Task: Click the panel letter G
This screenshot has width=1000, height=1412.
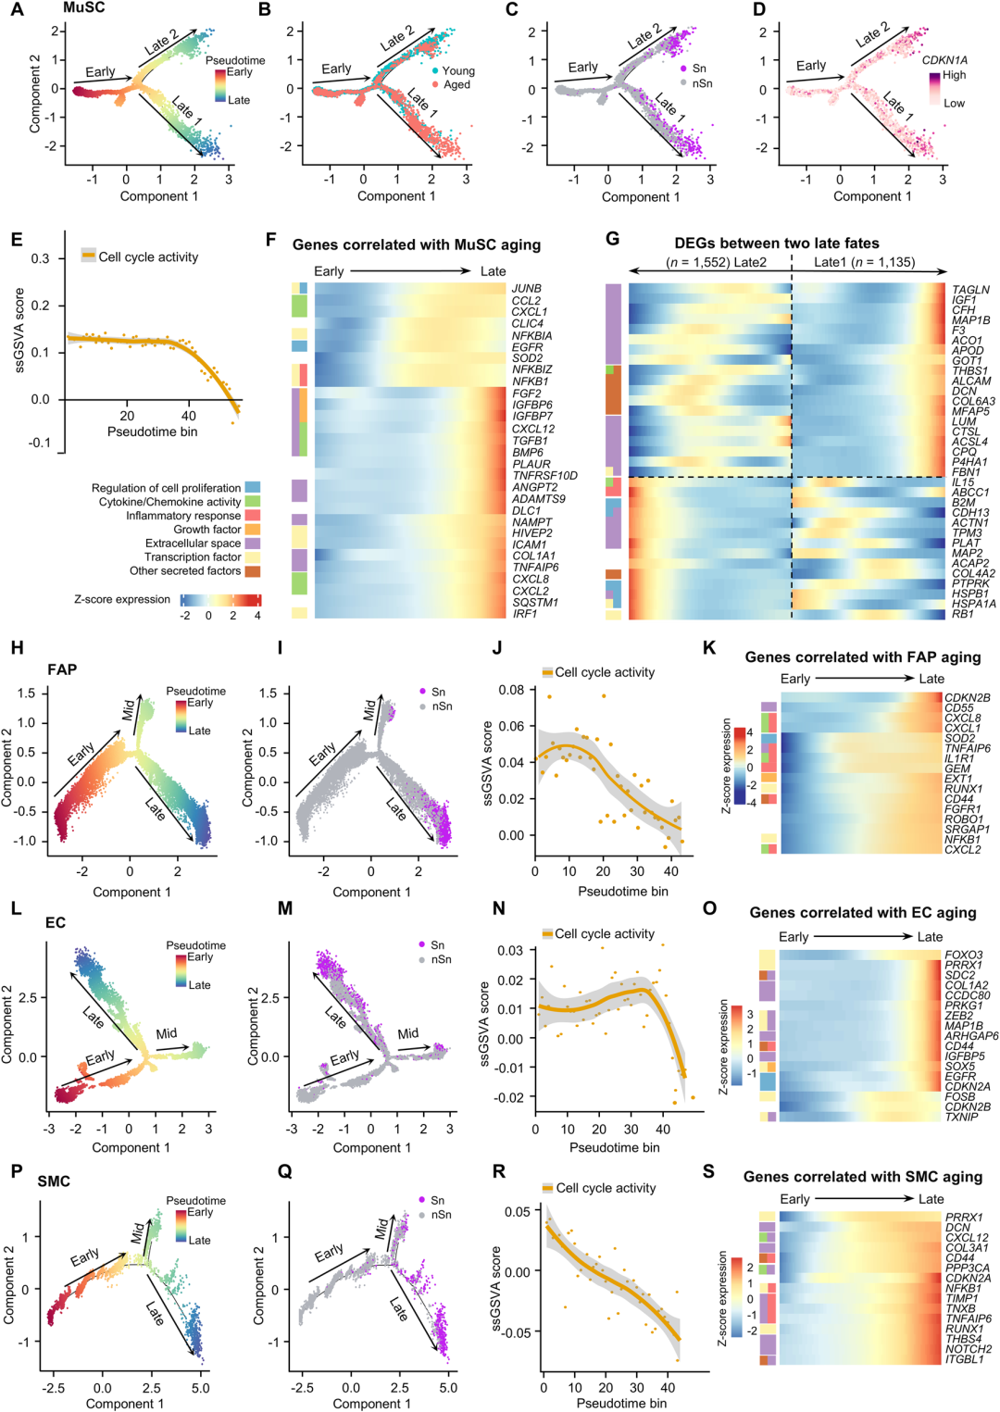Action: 612,239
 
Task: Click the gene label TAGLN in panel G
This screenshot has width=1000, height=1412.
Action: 970,290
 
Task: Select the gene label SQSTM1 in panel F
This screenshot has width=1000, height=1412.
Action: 535,603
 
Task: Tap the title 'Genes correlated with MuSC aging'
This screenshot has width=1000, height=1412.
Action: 416,244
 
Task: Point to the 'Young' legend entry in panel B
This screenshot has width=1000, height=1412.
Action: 458,70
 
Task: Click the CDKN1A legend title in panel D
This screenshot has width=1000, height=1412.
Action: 944,60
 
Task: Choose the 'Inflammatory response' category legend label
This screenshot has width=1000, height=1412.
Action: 183,516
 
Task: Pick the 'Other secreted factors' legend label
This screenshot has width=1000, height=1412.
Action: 185,571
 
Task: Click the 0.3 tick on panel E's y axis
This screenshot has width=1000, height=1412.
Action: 40,258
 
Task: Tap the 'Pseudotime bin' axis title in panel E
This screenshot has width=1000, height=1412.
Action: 152,431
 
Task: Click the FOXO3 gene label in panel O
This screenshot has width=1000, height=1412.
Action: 963,955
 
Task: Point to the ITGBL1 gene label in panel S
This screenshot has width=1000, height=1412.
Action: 964,1359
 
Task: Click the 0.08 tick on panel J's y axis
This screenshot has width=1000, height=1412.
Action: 511,690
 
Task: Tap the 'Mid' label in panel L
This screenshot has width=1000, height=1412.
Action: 166,1033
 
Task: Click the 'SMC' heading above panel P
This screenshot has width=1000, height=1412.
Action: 54,1181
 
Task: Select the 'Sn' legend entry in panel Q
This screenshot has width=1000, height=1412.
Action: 438,1200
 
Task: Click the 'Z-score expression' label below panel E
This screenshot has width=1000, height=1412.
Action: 122,599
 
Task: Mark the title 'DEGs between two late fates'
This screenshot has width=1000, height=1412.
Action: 776,244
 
